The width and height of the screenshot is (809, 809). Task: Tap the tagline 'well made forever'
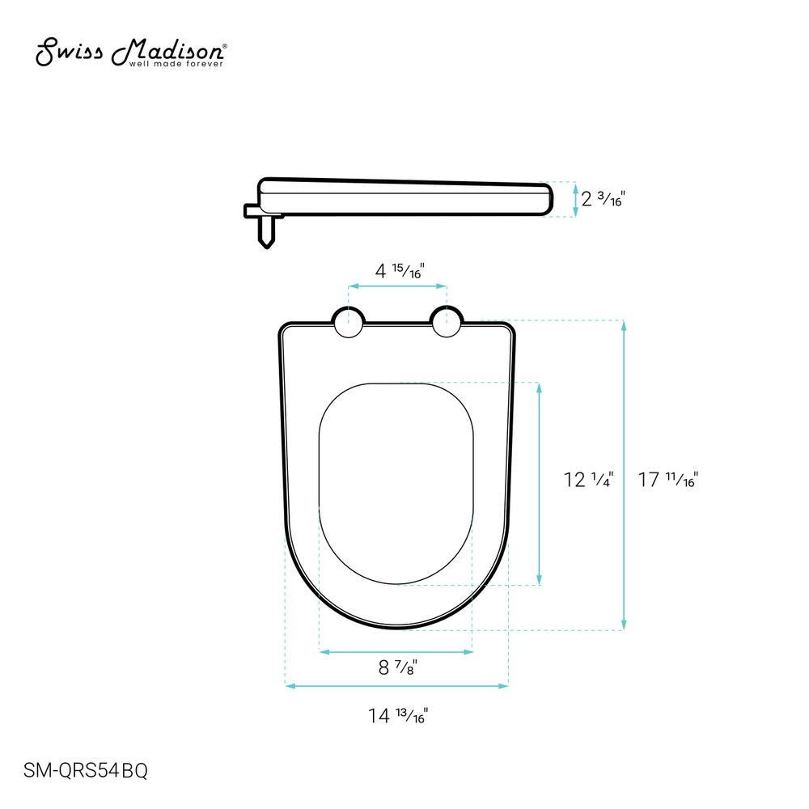176,64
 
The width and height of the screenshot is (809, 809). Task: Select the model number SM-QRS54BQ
86,770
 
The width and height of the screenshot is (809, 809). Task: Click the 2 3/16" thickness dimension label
603,199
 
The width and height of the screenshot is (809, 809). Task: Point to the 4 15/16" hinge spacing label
400,270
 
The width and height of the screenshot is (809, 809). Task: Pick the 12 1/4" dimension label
588,480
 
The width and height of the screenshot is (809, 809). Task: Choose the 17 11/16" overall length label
668,480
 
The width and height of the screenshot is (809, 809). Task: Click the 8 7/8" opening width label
397,667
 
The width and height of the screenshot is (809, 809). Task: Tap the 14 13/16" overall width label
398,716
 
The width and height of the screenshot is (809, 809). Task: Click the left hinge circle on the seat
349,323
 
